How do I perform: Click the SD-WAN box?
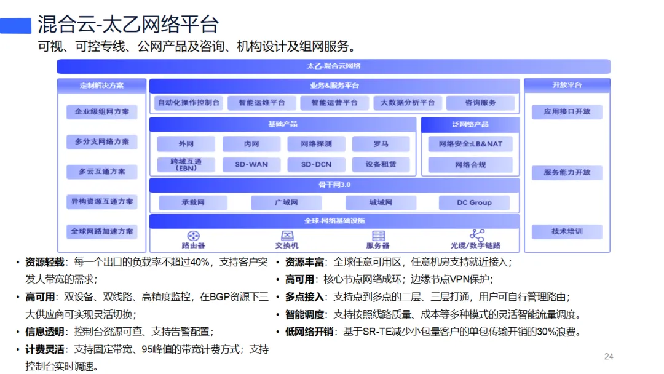251,164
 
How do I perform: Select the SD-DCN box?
317,164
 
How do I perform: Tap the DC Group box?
474,202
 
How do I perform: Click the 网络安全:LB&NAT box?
470,144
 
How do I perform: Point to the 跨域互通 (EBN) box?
186,164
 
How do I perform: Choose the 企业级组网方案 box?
101,112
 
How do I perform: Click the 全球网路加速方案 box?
101,231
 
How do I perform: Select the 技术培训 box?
567,231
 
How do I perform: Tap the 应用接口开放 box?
567,112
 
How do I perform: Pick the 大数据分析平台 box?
408,103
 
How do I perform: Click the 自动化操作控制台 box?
189,103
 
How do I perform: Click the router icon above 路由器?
193,236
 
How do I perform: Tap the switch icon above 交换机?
287,236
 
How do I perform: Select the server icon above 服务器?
378,236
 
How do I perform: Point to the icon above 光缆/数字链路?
477,234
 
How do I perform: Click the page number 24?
609,357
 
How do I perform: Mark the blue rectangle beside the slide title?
15,25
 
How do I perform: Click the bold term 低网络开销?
309,332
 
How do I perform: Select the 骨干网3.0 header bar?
334,185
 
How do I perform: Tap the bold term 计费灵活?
44,349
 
